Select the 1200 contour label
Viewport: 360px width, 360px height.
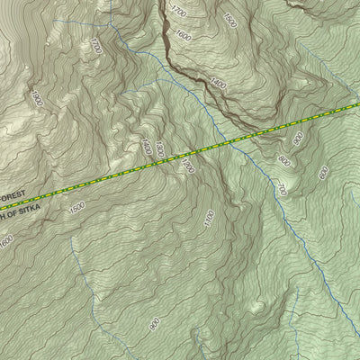(188, 166)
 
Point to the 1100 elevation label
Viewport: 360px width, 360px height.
(210, 217)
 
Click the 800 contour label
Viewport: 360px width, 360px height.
(284, 162)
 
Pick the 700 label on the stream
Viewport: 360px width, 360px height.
(280, 189)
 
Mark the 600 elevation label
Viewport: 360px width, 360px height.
(324, 172)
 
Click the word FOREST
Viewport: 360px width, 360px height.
(9, 194)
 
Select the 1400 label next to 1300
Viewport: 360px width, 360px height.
(147, 144)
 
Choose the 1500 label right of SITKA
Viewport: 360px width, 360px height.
(76, 208)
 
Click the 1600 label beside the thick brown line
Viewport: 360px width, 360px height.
(184, 37)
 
